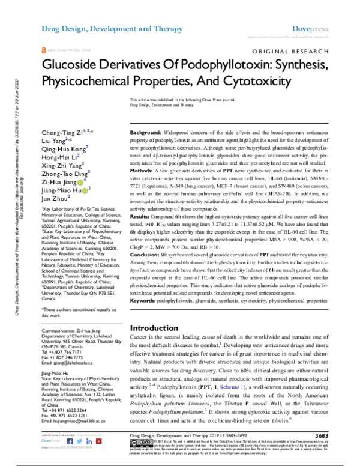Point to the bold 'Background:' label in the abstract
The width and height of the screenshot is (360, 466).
click(146, 132)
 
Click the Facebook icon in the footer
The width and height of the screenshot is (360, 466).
click(61, 448)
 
